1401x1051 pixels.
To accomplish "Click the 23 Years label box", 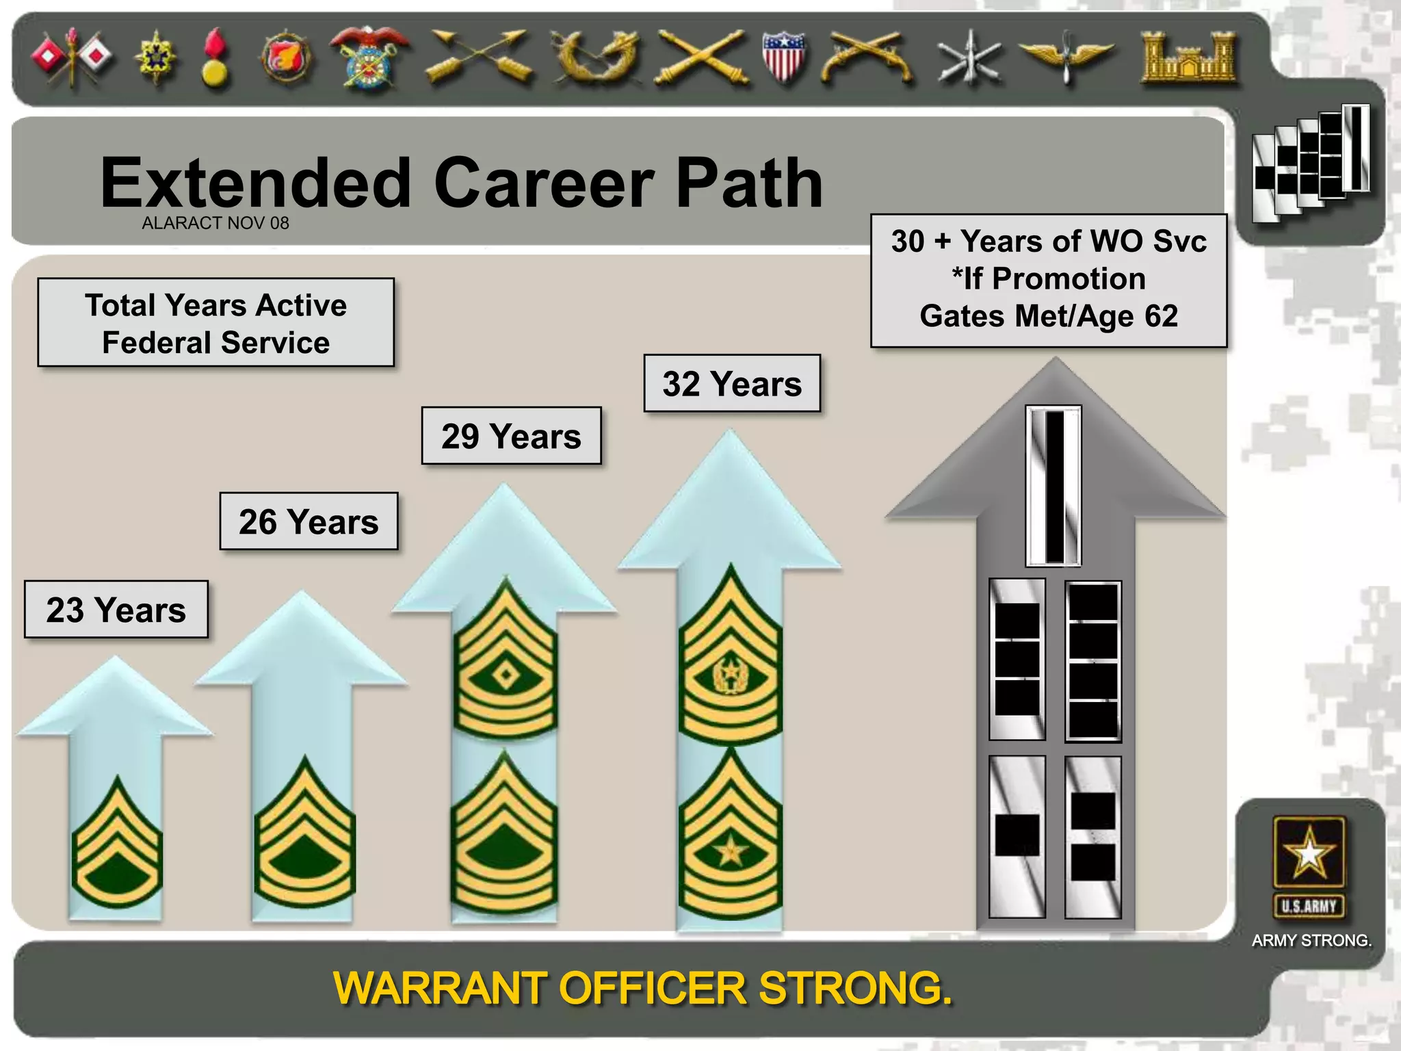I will click(116, 610).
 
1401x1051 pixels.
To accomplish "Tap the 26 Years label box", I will click(309, 521).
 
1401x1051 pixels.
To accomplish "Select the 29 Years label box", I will click(511, 436).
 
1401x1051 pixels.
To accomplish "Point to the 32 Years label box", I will click(732, 383).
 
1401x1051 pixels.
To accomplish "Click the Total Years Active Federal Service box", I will click(216, 323).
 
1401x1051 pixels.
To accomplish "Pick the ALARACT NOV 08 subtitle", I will click(215, 223).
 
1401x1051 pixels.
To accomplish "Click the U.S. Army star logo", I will click(1309, 853).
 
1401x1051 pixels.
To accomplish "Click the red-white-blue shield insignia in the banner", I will click(783, 57).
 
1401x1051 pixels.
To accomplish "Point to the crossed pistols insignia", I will click(867, 60).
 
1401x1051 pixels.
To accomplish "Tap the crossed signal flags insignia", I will click(72, 57).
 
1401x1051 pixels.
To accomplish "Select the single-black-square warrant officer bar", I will click(1017, 836).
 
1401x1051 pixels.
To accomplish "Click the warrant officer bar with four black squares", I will click(1093, 662).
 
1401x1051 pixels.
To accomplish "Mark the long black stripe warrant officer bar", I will click(1053, 486).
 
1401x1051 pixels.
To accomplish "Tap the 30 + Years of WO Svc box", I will click(1049, 279).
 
